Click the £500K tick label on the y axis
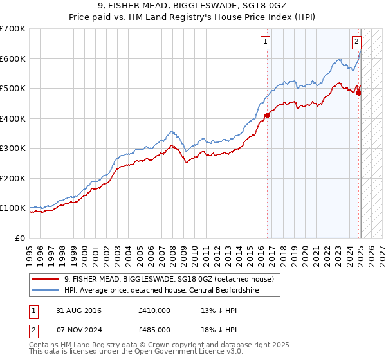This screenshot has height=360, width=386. click(x=12, y=89)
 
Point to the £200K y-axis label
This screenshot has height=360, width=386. click(x=12, y=178)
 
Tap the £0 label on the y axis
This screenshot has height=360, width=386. click(x=21, y=238)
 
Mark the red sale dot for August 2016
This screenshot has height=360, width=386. click(x=267, y=115)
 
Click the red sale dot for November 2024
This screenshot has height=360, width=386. click(x=358, y=93)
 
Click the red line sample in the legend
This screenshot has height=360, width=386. click(x=46, y=279)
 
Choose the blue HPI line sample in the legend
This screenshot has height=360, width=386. click(x=46, y=290)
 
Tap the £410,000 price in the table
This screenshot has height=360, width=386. click(x=154, y=310)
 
